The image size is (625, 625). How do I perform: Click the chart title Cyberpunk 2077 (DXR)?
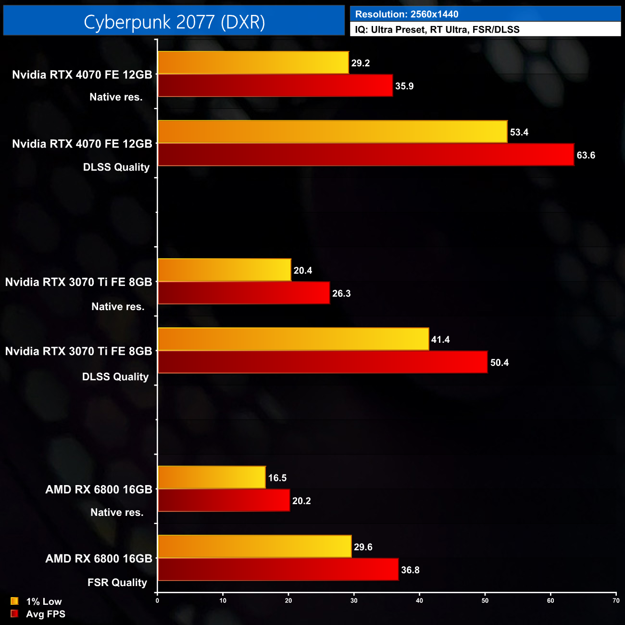point(174,22)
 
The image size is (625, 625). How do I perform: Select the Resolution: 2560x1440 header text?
point(407,14)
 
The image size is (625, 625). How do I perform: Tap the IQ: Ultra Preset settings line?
point(437,30)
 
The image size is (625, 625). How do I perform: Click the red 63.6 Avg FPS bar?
point(366,155)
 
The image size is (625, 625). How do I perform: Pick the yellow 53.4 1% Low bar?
point(332,132)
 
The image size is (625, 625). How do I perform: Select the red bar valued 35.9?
point(275,86)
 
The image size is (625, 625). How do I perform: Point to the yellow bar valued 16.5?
point(212,477)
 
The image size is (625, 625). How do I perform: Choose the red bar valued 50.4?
point(323,362)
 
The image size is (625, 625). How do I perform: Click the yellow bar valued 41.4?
point(293,339)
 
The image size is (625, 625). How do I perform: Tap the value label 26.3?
point(341,293)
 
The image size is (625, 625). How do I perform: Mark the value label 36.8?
point(410,570)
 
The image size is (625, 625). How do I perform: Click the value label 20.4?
point(303,270)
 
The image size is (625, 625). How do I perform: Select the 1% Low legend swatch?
point(14,601)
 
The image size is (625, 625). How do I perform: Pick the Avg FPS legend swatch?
point(14,613)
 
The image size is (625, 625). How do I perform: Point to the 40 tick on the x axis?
point(420,600)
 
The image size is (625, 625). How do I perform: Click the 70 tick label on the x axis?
point(616,600)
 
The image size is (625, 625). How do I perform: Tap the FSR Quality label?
point(117,582)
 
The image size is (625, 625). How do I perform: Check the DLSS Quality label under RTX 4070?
point(116,167)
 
